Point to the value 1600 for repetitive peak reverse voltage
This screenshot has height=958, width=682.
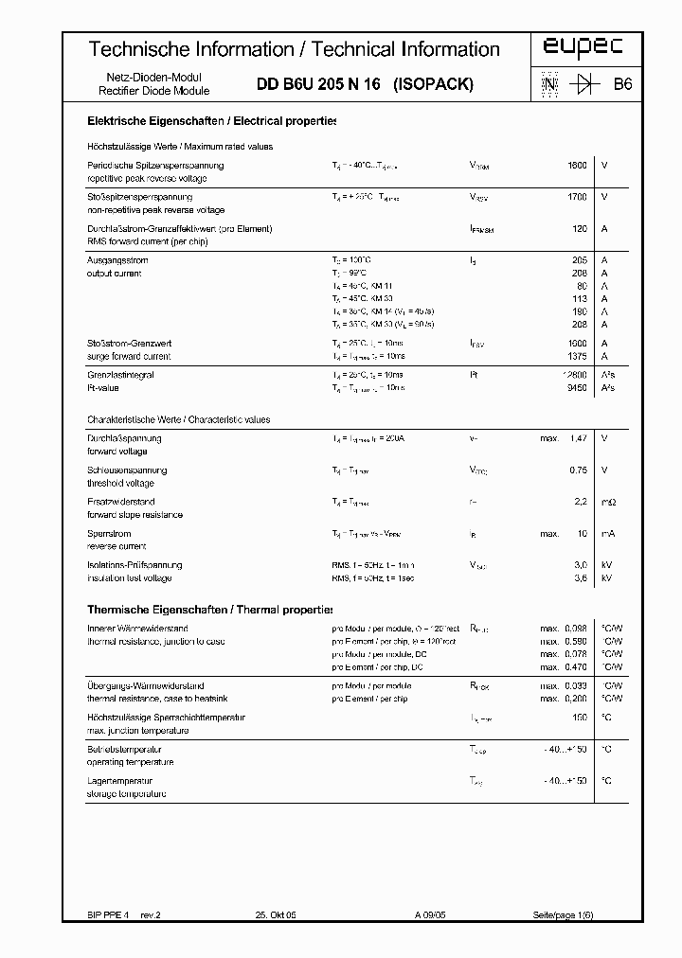point(577,166)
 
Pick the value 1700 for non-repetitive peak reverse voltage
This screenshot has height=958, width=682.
point(577,197)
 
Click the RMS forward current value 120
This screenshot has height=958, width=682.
point(580,229)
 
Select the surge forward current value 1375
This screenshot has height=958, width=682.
point(577,356)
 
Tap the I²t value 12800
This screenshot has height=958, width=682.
point(574,375)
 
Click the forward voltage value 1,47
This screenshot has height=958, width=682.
point(578,438)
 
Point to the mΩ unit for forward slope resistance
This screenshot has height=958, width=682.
point(609,502)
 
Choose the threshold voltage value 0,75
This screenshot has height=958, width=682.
point(578,470)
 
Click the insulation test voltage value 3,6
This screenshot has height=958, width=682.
point(581,577)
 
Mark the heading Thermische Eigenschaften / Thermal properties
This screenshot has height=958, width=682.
point(210,610)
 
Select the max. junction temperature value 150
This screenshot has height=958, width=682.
point(580,718)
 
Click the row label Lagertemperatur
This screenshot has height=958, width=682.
point(120,781)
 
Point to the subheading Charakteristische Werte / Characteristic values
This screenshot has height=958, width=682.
point(179,419)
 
